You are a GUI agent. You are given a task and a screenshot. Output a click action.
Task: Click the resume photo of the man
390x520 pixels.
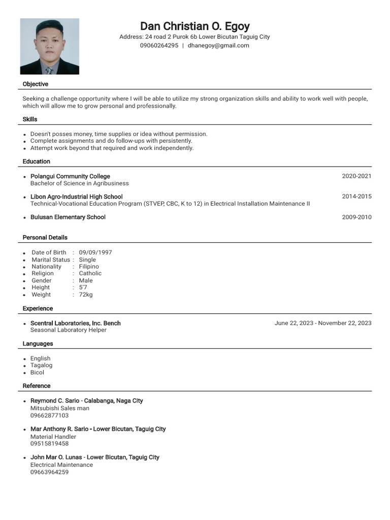[x=49, y=46]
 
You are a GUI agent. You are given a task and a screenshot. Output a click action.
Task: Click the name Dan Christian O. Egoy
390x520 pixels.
[x=194, y=26]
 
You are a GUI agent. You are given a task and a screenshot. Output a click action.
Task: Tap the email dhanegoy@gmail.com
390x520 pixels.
[x=218, y=46]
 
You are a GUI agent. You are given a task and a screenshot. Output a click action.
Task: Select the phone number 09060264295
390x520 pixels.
[x=159, y=46]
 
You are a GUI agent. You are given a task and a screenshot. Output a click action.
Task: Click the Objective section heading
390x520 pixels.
[x=36, y=84]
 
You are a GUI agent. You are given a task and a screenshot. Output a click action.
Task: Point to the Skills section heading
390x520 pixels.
[x=30, y=119]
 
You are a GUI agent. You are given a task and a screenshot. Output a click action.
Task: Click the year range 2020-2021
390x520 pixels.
[x=356, y=176]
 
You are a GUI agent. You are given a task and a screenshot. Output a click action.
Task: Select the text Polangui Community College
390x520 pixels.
[x=70, y=176]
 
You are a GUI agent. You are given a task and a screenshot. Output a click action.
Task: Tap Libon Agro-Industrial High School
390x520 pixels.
[x=76, y=197]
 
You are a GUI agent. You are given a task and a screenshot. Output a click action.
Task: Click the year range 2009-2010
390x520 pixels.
[x=356, y=217]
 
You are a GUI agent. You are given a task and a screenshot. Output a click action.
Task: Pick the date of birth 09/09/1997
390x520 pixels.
[x=95, y=252]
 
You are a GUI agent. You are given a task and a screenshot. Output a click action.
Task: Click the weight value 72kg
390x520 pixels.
[x=86, y=295]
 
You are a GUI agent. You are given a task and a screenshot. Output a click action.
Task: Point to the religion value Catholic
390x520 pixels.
[x=90, y=273]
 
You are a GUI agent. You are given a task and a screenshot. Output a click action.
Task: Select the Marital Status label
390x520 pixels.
[x=51, y=259]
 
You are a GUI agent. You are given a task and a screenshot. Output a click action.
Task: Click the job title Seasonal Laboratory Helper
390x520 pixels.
[x=69, y=330]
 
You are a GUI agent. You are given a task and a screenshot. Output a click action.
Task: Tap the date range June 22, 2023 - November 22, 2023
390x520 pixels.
[x=323, y=323]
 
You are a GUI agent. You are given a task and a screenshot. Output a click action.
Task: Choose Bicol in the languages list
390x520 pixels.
[x=37, y=372]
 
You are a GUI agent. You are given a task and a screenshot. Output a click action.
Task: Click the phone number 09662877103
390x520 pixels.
[x=49, y=415]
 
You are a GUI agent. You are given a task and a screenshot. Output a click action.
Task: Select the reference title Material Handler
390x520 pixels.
[x=53, y=437]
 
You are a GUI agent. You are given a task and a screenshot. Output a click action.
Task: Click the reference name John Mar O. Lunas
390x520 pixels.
[x=57, y=457]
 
